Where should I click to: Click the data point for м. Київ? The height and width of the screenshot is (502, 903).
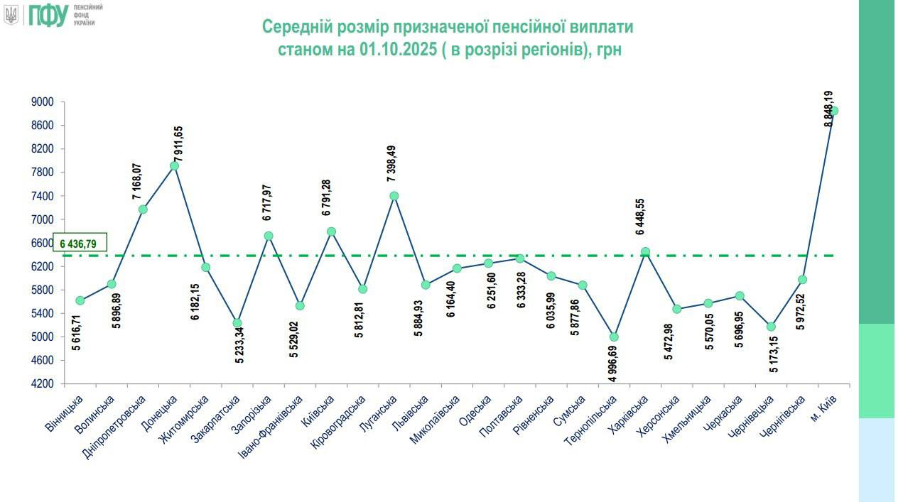[x=834, y=111]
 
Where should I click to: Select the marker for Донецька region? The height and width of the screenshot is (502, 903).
[x=174, y=165]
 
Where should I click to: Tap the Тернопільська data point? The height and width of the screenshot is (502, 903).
[x=614, y=337]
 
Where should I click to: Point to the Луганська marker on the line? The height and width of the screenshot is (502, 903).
[x=394, y=196]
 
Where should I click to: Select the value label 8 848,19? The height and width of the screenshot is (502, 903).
[x=829, y=109]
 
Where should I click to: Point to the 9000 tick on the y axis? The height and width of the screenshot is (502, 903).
[x=43, y=102]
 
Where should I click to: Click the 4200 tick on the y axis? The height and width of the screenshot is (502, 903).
[x=43, y=384]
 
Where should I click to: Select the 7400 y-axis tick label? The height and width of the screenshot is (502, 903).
[x=43, y=196]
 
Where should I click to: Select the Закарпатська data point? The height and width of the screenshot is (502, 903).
[x=237, y=323]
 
